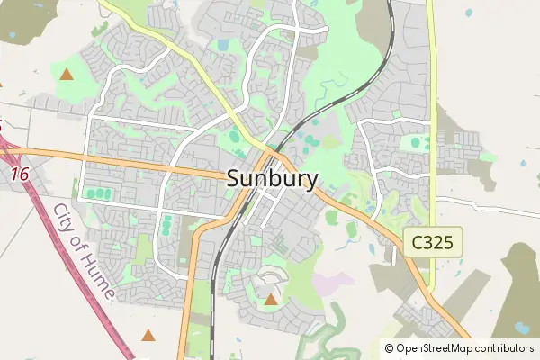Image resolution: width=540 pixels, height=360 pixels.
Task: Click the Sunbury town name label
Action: coord(272,178)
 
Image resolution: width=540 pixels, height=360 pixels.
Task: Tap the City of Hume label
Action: coord(83,251)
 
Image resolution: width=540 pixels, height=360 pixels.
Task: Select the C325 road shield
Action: coord(436,242)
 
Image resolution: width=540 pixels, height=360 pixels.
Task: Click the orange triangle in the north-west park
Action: coord(66,74)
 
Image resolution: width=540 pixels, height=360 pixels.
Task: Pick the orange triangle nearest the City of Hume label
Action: coord(148,335)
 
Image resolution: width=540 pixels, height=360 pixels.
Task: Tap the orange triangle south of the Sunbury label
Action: coord(272,298)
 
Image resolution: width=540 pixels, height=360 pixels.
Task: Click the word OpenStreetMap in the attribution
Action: coord(438,348)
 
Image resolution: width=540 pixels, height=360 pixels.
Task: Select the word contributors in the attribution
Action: coord(508,348)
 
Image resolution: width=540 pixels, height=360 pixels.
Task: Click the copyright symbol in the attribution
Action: coord(390,348)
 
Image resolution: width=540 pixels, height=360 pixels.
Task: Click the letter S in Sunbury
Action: coord(232,178)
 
